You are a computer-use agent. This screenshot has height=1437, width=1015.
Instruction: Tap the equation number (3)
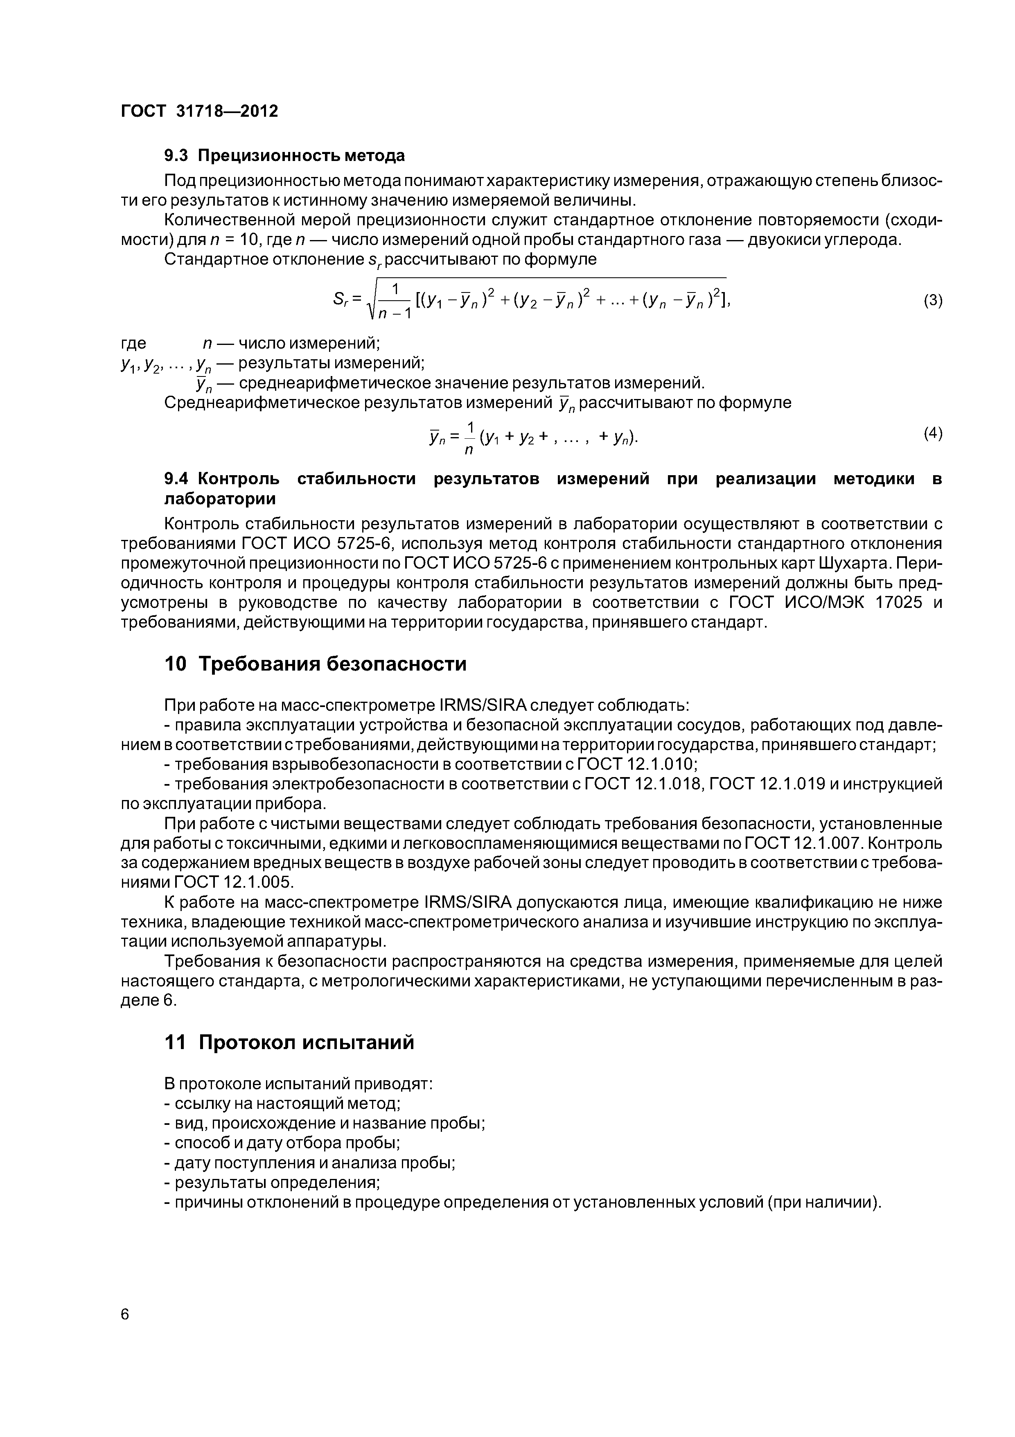point(932,300)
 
